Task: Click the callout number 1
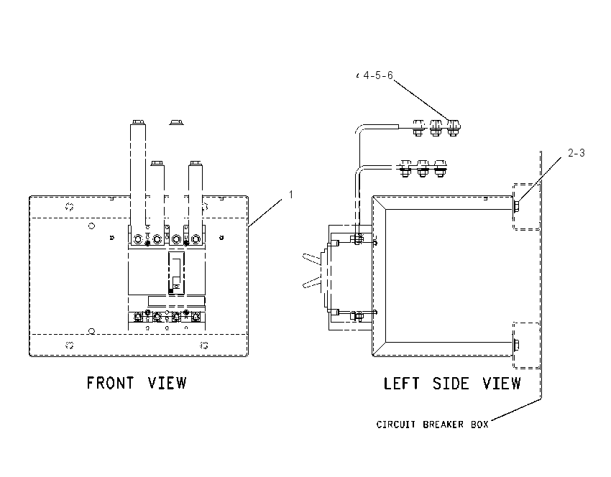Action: click(290, 194)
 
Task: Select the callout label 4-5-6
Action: click(378, 75)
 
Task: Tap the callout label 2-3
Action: click(576, 153)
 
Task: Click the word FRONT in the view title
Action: click(110, 383)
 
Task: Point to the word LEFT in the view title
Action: click(401, 384)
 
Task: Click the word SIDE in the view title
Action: click(451, 384)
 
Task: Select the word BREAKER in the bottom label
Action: click(444, 424)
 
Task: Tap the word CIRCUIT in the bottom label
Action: click(396, 424)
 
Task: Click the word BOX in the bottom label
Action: click(479, 424)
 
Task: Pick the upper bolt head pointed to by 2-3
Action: click(516, 206)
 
